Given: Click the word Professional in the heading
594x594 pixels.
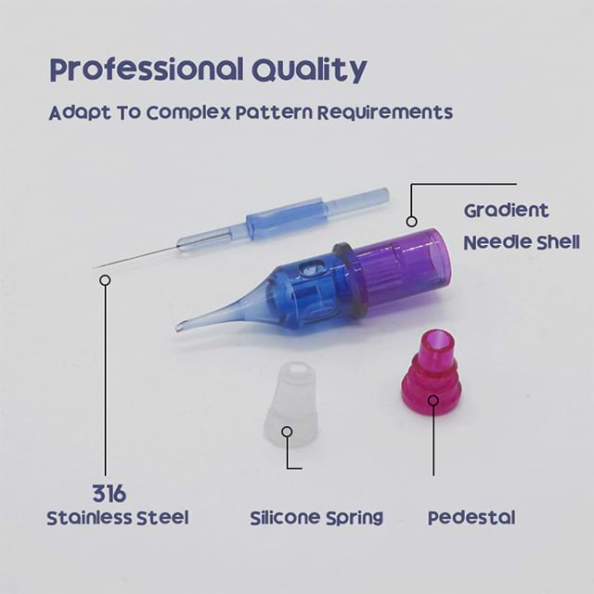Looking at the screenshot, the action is tap(147, 70).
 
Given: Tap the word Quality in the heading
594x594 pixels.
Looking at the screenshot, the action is tap(309, 71).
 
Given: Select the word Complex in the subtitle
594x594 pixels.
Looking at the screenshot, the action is tap(188, 113).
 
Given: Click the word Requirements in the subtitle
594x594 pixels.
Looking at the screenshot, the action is tap(385, 112).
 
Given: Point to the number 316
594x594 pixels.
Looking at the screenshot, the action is tap(110, 494).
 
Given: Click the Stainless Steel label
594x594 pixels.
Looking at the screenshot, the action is tap(118, 518).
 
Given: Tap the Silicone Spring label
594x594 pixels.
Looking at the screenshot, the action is tap(316, 518).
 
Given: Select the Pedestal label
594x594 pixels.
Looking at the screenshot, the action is tap(471, 518).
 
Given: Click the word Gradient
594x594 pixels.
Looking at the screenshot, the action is tap(506, 211).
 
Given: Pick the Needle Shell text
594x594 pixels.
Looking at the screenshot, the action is tap(522, 242).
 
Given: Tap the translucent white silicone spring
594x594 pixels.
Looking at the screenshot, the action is tap(291, 404).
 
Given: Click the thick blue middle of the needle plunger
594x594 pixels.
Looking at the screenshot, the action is tap(285, 217).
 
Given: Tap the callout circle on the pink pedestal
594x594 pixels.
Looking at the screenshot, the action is tap(433, 400).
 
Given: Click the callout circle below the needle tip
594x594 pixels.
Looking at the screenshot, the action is tap(105, 280).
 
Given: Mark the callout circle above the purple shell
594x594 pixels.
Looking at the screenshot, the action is tap(412, 221).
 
